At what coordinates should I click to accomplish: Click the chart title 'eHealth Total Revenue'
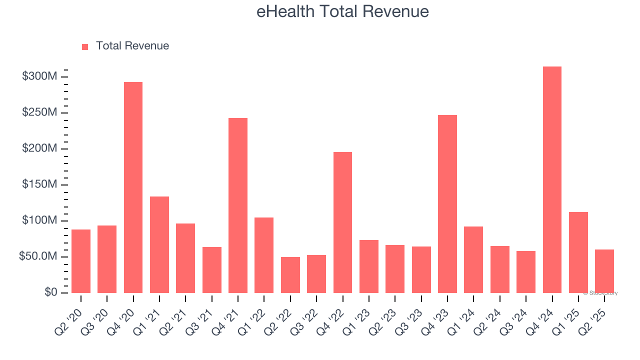pyautogui.click(x=342, y=11)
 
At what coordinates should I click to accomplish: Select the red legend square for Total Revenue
pyautogui.click(x=85, y=46)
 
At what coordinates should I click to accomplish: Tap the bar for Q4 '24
pyautogui.click(x=552, y=179)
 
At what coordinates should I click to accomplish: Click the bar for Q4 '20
pyautogui.click(x=133, y=187)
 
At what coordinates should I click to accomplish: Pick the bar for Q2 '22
pyautogui.click(x=290, y=274)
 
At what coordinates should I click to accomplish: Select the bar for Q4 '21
pyautogui.click(x=238, y=205)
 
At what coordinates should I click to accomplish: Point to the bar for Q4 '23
pyautogui.click(x=447, y=203)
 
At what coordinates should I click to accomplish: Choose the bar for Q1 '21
pyautogui.click(x=159, y=244)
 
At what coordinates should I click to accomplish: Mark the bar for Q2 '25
pyautogui.click(x=604, y=271)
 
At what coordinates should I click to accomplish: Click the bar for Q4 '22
pyautogui.click(x=342, y=222)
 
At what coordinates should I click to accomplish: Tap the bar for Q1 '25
pyautogui.click(x=578, y=252)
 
